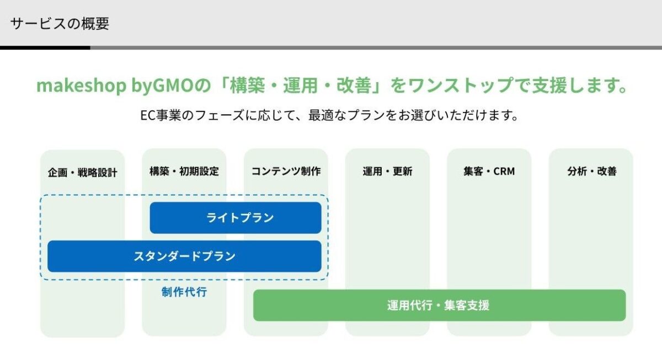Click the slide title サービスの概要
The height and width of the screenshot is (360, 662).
pos(60,24)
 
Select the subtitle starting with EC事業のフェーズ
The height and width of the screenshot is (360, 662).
pos(330,116)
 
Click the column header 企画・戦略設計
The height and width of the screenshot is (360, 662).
pos(82,172)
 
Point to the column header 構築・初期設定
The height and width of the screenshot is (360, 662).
pos(184,171)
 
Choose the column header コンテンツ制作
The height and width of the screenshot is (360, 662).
pos(286,171)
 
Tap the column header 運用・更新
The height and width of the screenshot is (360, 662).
pos(387,171)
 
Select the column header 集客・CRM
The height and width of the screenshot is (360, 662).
pos(489,171)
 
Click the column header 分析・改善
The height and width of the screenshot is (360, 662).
pos(591,171)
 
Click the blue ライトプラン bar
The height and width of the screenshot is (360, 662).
pos(236,218)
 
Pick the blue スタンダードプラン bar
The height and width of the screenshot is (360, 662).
pos(184,256)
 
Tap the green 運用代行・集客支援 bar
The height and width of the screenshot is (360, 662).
pos(439,305)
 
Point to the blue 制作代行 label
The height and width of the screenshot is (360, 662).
pos(184,292)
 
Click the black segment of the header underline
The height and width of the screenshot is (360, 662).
pos(45,48)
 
